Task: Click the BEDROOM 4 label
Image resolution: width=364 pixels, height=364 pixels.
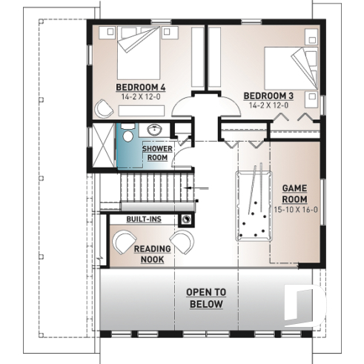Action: (x=140, y=87)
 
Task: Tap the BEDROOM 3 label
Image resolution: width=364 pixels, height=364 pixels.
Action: (x=265, y=95)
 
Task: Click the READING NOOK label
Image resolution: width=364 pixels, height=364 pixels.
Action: (x=153, y=254)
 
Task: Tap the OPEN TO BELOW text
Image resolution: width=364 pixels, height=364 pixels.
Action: (x=205, y=298)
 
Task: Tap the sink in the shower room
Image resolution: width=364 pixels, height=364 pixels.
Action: (x=156, y=128)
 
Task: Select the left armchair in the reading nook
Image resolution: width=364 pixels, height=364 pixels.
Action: (x=122, y=242)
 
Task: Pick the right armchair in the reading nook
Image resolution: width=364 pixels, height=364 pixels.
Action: (x=184, y=242)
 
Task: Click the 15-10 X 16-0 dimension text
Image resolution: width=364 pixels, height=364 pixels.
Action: (x=294, y=209)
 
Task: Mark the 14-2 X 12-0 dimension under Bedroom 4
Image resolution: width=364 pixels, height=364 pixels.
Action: (x=140, y=96)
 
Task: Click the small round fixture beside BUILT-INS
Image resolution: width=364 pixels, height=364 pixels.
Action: (x=185, y=219)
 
